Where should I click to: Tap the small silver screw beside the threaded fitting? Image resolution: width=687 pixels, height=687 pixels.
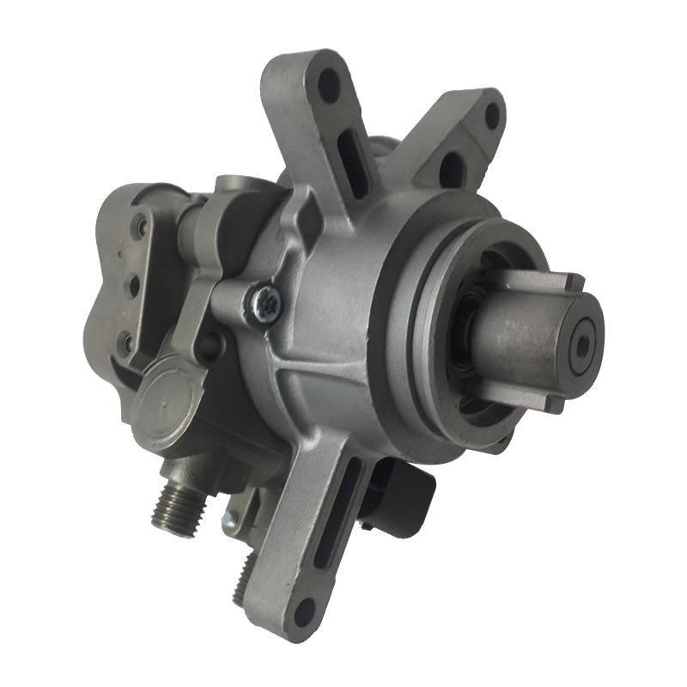pos(228,519)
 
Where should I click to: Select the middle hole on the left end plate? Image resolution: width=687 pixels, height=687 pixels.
pos(134,283)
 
